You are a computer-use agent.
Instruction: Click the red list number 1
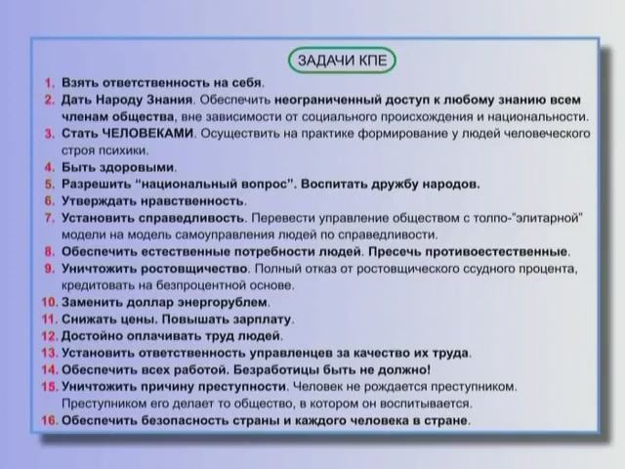click(50, 83)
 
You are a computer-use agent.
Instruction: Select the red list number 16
click(50, 421)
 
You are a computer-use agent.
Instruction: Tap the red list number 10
click(50, 303)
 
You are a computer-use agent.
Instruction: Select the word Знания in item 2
click(162, 100)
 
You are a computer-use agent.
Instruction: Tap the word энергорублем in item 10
click(220, 303)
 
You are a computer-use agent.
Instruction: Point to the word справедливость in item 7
click(190, 217)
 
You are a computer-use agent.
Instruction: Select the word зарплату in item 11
click(263, 320)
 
